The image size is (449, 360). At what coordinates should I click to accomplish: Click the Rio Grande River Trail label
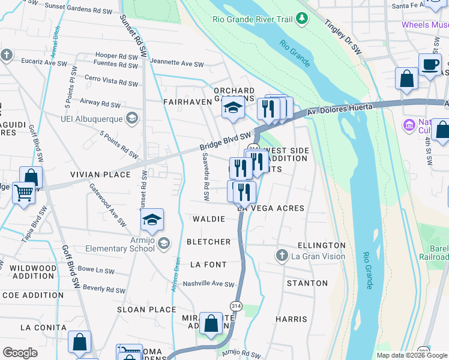coord(252,19)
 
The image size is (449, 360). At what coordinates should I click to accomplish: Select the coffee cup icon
coord(430,64)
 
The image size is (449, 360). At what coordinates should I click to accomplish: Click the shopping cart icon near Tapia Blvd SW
coord(23,193)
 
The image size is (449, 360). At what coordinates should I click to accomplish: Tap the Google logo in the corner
coord(20,353)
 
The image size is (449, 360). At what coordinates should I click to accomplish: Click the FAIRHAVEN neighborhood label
coord(188,103)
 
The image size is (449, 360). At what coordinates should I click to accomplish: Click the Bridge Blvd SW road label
coord(225,142)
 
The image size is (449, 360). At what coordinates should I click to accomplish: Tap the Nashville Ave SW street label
coord(208,284)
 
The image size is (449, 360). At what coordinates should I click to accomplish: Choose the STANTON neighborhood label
coord(307,283)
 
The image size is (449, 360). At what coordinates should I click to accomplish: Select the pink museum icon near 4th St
coord(409,125)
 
